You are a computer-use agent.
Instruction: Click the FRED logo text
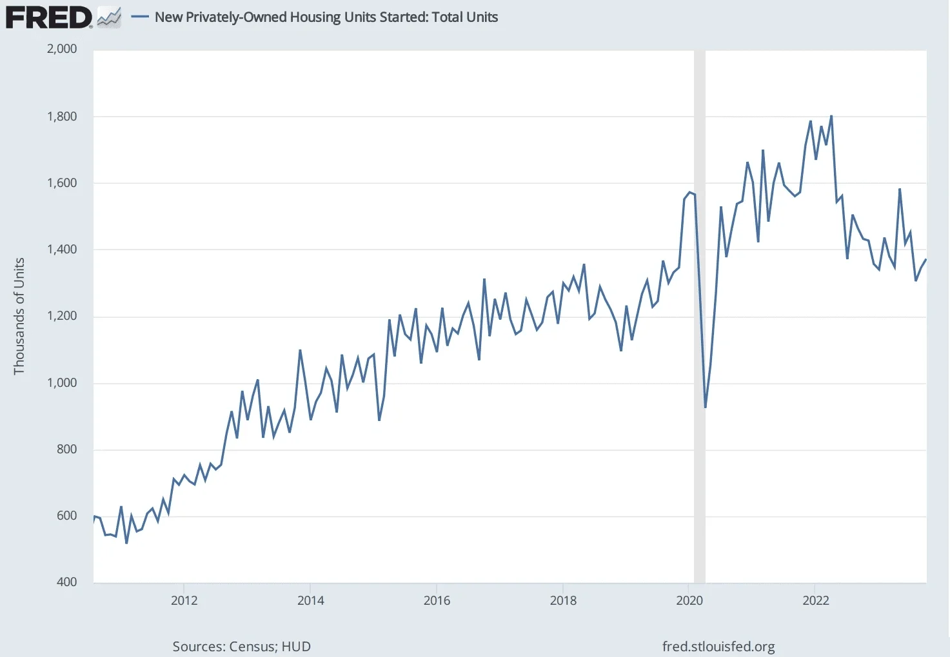point(48,17)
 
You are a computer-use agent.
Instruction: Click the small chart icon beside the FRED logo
point(109,17)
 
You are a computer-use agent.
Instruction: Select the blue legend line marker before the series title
point(140,17)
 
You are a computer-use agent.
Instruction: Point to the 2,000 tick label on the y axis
point(62,49)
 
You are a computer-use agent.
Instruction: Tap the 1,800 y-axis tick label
point(62,117)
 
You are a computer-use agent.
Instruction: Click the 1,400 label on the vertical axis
point(62,250)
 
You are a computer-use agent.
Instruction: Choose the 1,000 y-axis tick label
point(62,383)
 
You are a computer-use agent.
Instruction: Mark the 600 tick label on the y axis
point(66,516)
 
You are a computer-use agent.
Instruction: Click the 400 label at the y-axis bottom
point(66,582)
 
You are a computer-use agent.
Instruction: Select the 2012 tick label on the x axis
point(184,601)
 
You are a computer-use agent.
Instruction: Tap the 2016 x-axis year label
point(437,601)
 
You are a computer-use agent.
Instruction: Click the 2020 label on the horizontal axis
point(689,601)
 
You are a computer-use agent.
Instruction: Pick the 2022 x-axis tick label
point(815,601)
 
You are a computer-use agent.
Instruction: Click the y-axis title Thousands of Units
point(19,316)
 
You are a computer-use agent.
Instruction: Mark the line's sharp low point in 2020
point(706,407)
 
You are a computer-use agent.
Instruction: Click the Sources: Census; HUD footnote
point(241,647)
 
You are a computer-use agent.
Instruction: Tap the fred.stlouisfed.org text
point(718,647)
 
